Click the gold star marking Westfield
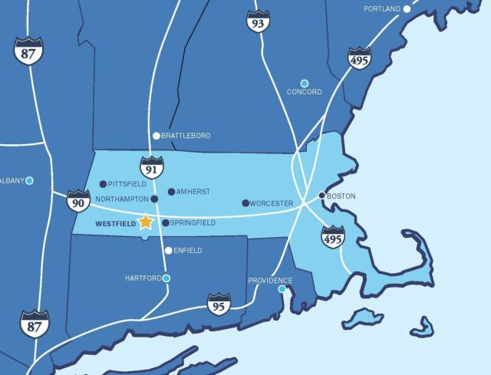[x=146, y=222]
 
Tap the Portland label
[x=381, y=8]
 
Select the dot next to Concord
[x=305, y=83]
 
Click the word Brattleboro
[x=186, y=136]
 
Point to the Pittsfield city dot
[x=103, y=184]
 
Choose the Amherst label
[x=193, y=192]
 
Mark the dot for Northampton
[x=154, y=199]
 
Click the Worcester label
[x=272, y=203]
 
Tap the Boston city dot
[x=322, y=195]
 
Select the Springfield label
[x=193, y=223]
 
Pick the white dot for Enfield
[x=169, y=250]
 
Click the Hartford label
[x=143, y=278]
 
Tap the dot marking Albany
[x=29, y=180]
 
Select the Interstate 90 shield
[x=78, y=201]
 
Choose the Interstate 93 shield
[x=258, y=21]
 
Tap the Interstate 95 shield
[x=219, y=304]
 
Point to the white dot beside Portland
[x=407, y=8]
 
